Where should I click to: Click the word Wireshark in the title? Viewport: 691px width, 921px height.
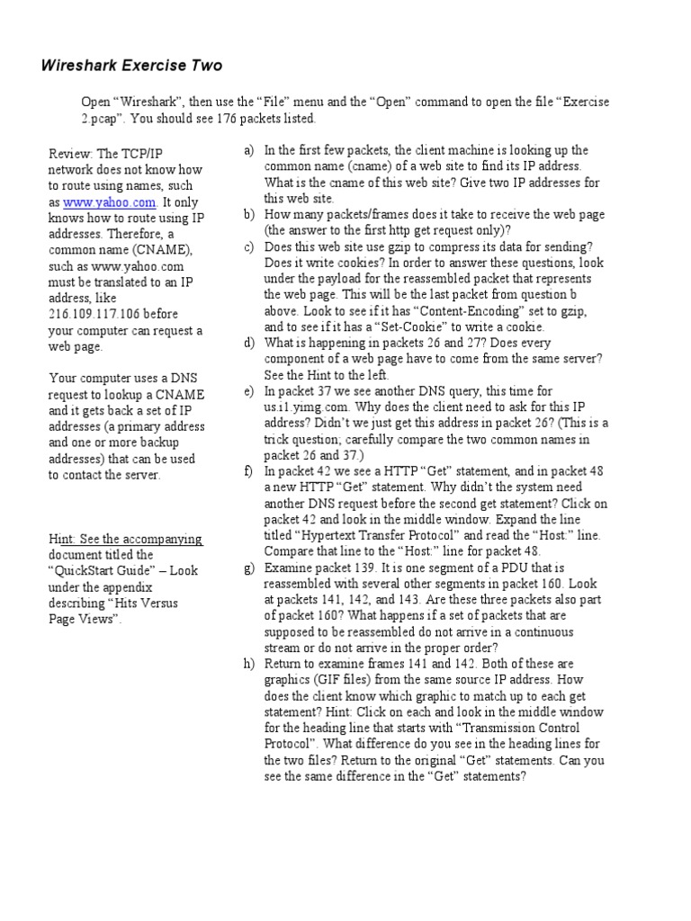click(82, 66)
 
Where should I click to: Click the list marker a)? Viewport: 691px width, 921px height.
click(249, 150)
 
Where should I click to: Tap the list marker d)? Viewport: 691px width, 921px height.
click(249, 343)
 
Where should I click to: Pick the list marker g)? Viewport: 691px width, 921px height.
click(249, 568)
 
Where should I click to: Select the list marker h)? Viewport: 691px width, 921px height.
click(249, 664)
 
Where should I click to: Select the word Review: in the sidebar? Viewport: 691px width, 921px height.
click(71, 154)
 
